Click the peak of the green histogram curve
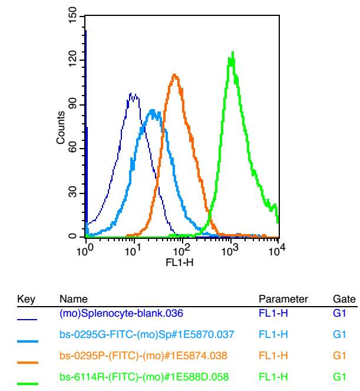(x=233, y=52)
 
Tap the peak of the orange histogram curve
(x=174, y=74)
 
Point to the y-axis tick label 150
(x=72, y=15)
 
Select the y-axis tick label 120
(x=72, y=59)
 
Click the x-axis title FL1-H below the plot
(x=180, y=262)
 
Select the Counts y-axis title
(x=61, y=127)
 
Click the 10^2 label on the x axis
(x=181, y=250)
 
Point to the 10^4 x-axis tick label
(x=276, y=250)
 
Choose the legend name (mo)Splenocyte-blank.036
(x=121, y=313)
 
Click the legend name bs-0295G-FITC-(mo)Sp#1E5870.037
(x=147, y=334)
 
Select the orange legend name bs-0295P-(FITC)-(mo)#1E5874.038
(x=143, y=356)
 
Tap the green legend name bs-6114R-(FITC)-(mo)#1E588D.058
(x=144, y=377)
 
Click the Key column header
(x=26, y=299)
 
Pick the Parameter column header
(x=283, y=299)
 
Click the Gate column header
(x=344, y=299)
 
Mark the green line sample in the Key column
(x=28, y=384)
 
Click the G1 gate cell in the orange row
(x=339, y=356)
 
